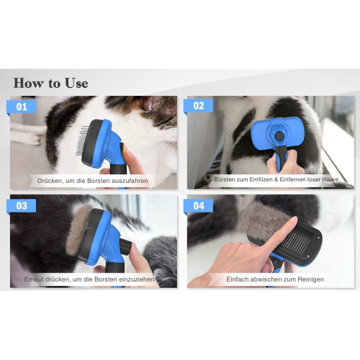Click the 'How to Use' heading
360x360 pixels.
click(50, 83)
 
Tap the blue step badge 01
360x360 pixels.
click(22, 107)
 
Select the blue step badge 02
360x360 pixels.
click(199, 106)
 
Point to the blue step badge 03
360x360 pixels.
click(22, 206)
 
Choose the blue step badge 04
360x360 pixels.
click(199, 206)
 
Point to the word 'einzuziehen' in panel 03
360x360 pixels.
click(137, 279)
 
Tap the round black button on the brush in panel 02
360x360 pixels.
click(279, 136)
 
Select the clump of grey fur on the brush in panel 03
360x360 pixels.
click(78, 230)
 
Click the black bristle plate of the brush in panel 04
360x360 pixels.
click(297, 243)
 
